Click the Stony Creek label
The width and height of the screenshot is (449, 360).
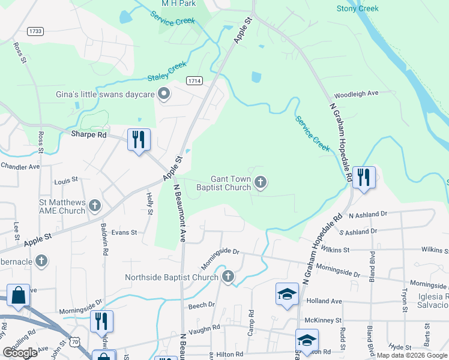pos(358,8)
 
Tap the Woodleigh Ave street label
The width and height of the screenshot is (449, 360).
pos(356,94)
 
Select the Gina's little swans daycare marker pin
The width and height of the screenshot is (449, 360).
pos(163,93)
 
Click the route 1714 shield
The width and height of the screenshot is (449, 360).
pos(194,80)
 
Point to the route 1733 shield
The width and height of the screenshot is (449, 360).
pos(35,31)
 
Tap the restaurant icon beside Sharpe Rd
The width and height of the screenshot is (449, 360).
pos(139,140)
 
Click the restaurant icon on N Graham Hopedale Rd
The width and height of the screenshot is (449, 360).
pos(364,178)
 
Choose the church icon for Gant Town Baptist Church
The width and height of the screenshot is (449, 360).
pos(260,182)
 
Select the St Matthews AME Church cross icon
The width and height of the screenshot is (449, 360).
pos(95,206)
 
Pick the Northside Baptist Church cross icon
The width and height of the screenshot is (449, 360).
pos(228,277)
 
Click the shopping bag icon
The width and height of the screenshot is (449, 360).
pos(18,295)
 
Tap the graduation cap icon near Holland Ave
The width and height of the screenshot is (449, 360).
pos(287,294)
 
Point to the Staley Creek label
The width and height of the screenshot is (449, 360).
pos(167,73)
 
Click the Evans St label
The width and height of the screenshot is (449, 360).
pos(124,232)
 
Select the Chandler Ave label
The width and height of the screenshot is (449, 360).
pos(20,166)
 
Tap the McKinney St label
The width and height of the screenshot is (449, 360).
pos(323,321)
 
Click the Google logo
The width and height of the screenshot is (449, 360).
pos(20,353)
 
